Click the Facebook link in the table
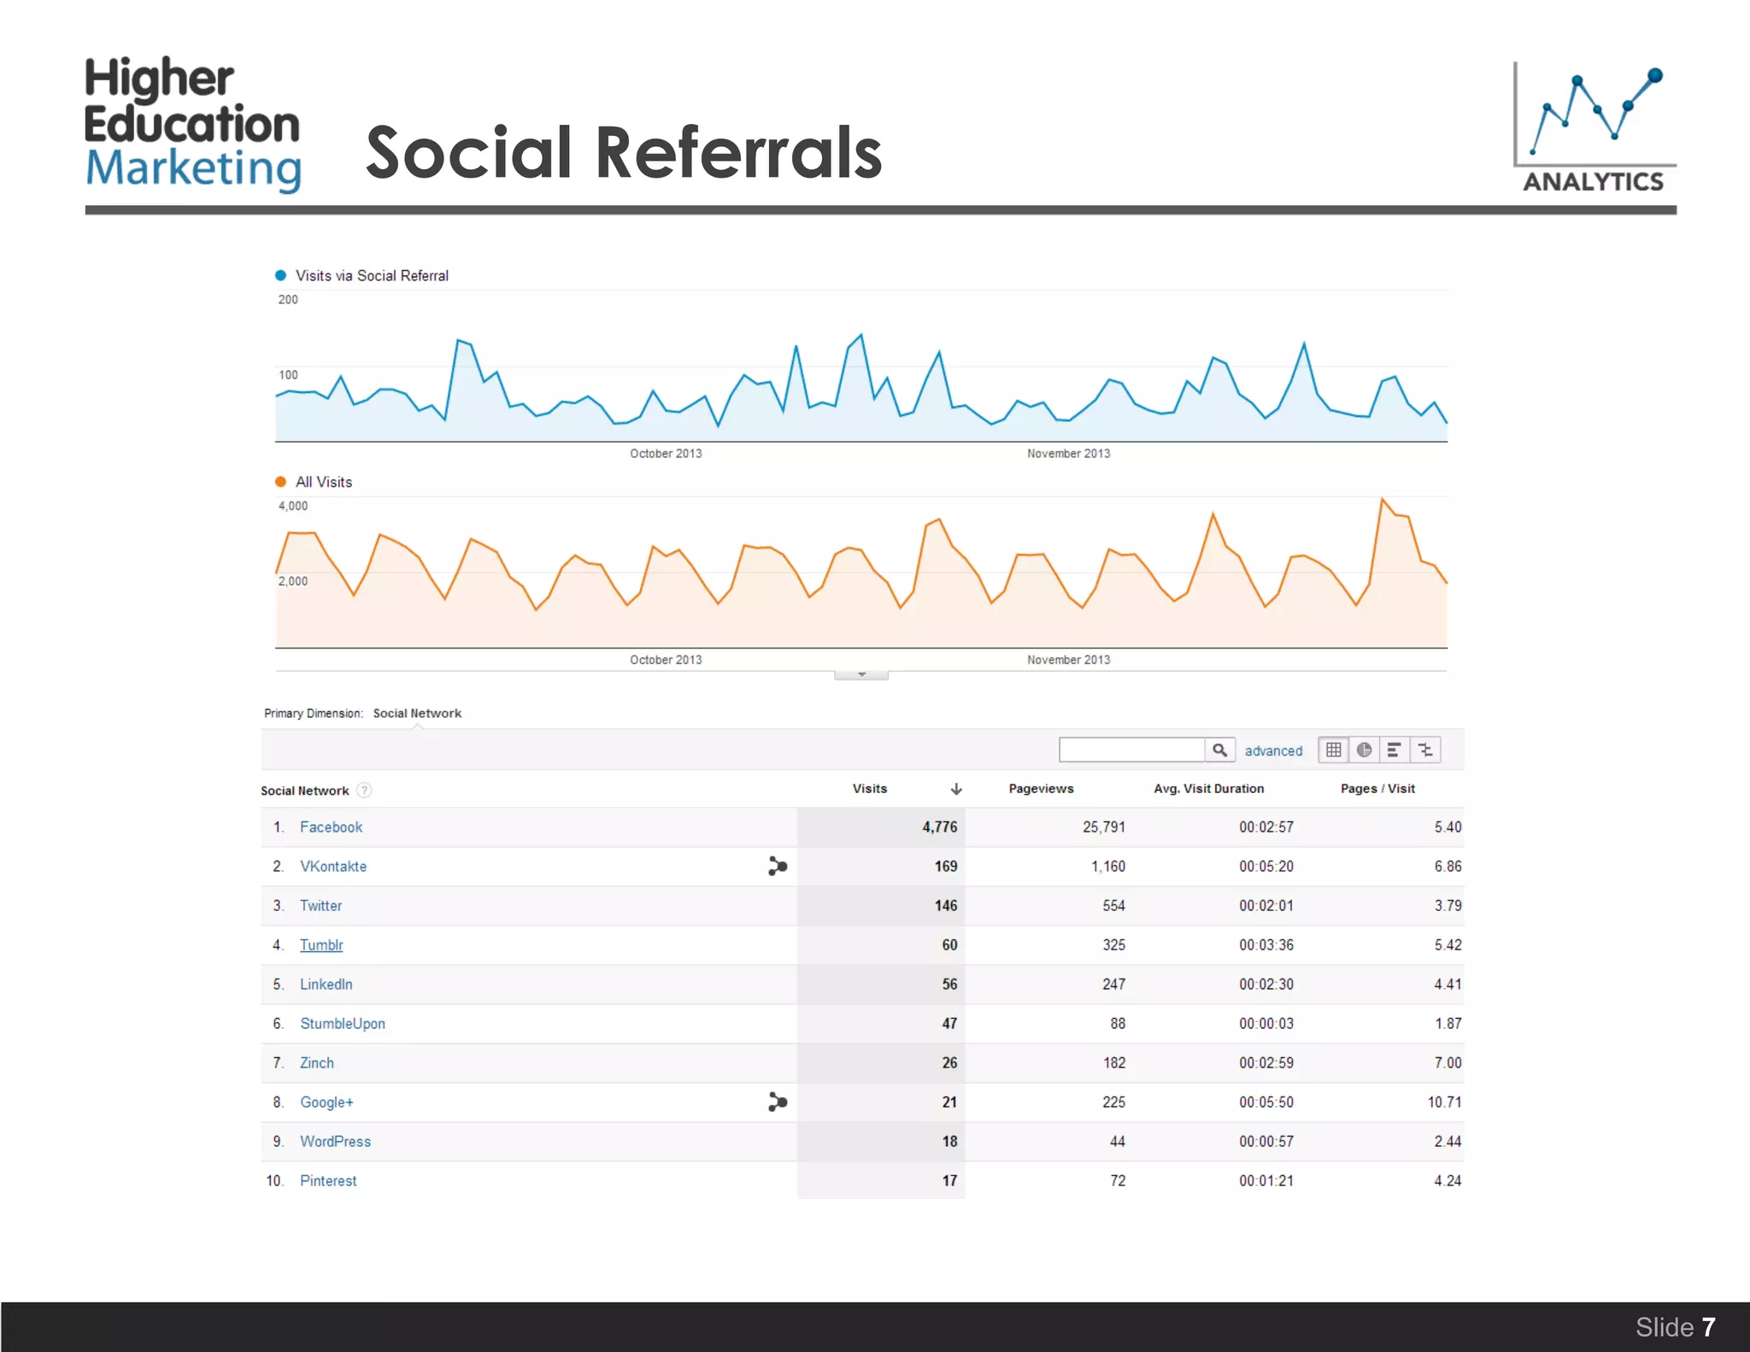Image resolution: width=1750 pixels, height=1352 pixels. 331,827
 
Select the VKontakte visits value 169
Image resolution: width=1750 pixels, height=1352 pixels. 945,867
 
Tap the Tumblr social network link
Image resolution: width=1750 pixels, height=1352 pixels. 321,945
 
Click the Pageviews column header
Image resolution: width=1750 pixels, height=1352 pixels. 1041,789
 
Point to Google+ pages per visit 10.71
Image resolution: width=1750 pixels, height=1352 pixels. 1444,1102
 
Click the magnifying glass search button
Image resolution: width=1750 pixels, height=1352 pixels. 1220,750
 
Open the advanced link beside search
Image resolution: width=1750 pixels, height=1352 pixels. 1273,751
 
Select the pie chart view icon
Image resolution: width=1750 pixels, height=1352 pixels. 1365,750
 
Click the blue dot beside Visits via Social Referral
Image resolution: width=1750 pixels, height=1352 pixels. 280,275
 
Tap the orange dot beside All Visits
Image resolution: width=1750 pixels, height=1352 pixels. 280,482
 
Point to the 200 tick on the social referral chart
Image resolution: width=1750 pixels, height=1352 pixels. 288,300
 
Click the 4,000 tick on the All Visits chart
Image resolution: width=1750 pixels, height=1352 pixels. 293,506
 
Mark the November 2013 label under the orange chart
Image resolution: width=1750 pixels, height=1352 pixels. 1068,660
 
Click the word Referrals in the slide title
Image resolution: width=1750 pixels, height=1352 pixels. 738,153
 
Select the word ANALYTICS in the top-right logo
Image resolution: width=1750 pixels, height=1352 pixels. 1594,182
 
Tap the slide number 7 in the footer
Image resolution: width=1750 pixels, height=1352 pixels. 1708,1327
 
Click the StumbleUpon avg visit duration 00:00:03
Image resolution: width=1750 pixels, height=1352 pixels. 1266,1024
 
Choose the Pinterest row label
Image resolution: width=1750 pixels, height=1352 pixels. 328,1181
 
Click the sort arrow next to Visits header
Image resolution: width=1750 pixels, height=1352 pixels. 956,789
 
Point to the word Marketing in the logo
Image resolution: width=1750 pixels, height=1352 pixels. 194,168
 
